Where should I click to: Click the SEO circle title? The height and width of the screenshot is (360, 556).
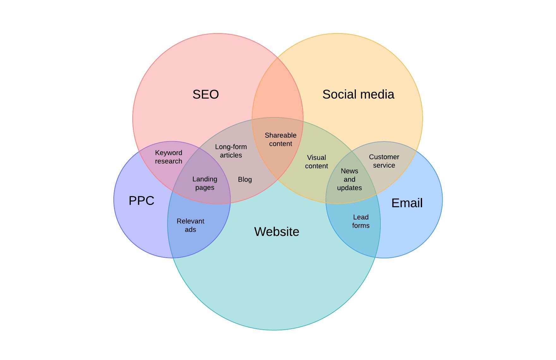click(206, 94)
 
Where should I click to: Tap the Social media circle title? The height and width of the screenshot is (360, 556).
click(358, 94)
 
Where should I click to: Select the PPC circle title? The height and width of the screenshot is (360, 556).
click(142, 201)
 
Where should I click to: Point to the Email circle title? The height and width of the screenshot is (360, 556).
click(407, 203)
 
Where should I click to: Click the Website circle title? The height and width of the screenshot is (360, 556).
click(277, 232)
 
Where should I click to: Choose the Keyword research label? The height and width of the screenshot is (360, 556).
click(169, 157)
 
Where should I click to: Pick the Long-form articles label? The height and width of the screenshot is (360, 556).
click(231, 151)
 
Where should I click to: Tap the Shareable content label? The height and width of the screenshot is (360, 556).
click(281, 140)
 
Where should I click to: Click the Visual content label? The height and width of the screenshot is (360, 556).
click(317, 162)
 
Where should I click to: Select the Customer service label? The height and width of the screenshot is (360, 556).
click(384, 161)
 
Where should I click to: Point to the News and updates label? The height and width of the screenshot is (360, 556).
click(349, 179)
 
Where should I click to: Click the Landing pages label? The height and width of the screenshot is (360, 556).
click(205, 183)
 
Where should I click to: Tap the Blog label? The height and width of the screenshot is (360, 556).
click(245, 180)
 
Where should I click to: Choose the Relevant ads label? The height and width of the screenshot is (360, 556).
click(190, 225)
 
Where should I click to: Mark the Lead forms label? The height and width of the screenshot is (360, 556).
click(361, 221)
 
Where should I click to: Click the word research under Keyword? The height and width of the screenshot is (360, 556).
click(169, 161)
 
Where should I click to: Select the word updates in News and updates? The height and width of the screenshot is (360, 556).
click(349, 188)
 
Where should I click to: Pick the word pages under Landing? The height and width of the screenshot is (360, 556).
click(205, 188)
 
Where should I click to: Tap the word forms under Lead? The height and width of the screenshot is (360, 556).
click(361, 225)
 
